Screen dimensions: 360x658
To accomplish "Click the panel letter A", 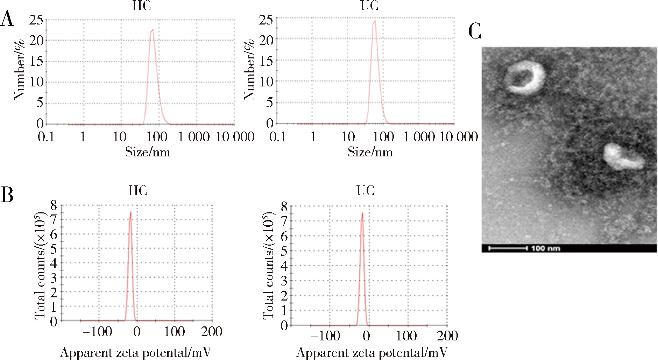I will (x=7, y=19).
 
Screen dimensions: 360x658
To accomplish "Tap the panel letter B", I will (x=7, y=195).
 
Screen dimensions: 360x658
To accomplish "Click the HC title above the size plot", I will (x=141, y=6).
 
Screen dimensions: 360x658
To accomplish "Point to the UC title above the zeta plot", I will (x=366, y=191).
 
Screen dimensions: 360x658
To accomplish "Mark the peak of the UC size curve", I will (x=375, y=21).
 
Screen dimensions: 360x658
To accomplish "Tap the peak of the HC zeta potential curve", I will (x=131, y=212).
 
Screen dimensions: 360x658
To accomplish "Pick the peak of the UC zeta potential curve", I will (x=362, y=213).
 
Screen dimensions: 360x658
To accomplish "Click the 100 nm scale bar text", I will (x=545, y=248).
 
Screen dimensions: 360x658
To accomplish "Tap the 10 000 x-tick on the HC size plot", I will (x=235, y=137).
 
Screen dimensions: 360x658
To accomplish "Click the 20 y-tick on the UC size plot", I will (x=266, y=41).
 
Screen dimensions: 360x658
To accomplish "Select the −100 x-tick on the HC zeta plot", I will (x=98, y=331).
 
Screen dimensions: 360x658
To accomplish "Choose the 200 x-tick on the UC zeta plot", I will (x=447, y=336).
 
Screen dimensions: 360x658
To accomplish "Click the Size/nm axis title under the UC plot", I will (x=370, y=152).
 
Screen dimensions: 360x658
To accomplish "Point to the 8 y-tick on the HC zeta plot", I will (x=54, y=205).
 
